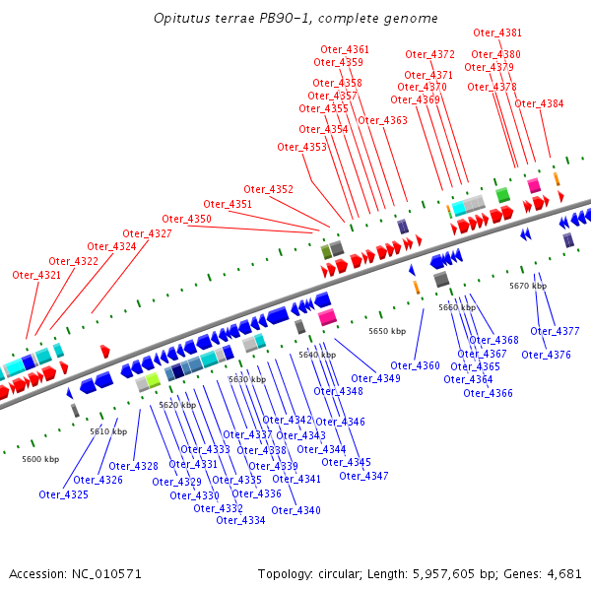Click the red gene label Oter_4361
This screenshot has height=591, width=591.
pos(345,49)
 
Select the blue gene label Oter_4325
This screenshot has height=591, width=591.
pos(64,494)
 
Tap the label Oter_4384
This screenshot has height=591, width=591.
pos(540,103)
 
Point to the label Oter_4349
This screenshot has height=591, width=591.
pos(375,378)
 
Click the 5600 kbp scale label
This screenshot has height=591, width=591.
pos(40,459)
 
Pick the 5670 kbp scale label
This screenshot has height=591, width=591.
pos(528,286)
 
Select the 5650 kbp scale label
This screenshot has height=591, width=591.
pos(387,331)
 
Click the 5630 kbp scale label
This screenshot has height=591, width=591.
pos(246,379)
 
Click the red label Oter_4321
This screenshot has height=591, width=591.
pos(36,275)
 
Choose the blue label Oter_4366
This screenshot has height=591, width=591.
pos(488,393)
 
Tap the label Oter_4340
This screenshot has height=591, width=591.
pos(295,510)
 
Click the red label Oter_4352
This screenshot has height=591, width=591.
pos(268,189)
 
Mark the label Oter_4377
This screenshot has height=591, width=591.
pos(555,331)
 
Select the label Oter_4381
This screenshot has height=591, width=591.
pos(497,33)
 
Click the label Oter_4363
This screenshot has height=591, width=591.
pos(382,120)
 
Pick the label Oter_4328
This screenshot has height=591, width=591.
pos(133,466)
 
